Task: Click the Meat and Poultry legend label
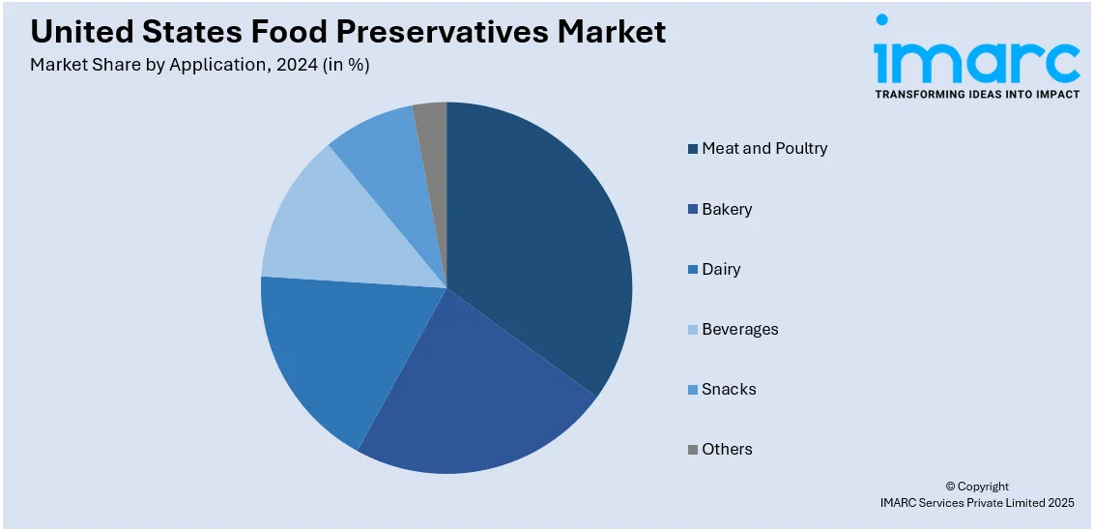point(764,149)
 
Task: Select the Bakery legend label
point(727,209)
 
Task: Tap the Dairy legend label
point(721,269)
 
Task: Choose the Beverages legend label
point(739,329)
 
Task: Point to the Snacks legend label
point(729,389)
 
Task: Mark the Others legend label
point(727,449)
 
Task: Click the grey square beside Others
point(692,450)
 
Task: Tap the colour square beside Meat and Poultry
point(692,149)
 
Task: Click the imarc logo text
point(976,60)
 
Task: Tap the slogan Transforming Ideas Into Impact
point(976,95)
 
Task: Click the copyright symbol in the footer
point(951,487)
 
